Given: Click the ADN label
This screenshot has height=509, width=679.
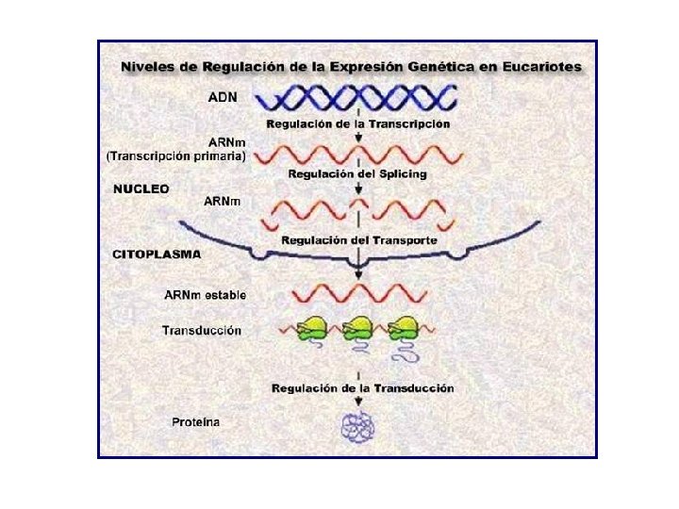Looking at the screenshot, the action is point(223,96).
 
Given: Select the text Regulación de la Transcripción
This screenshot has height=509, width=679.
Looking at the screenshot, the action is point(357,123).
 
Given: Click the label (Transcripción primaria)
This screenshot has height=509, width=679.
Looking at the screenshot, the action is point(176,156).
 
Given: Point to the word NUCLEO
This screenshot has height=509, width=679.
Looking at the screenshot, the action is point(141,189).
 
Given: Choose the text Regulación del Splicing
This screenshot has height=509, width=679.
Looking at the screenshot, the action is point(357,173).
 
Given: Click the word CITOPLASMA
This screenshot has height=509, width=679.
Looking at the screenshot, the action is point(157,254).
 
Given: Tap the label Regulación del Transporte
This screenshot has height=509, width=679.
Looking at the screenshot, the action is point(359,240).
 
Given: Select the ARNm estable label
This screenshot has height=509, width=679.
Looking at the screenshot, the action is point(205,295).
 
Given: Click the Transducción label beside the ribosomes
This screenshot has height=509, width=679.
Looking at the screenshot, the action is point(202,330).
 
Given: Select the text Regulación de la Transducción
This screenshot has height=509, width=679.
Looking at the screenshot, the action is point(362,387).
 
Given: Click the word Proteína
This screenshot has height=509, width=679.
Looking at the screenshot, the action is point(196,421).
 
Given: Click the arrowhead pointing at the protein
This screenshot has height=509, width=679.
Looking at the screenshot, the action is point(358,406).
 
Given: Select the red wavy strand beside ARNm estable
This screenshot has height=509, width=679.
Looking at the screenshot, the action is point(358,292).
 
